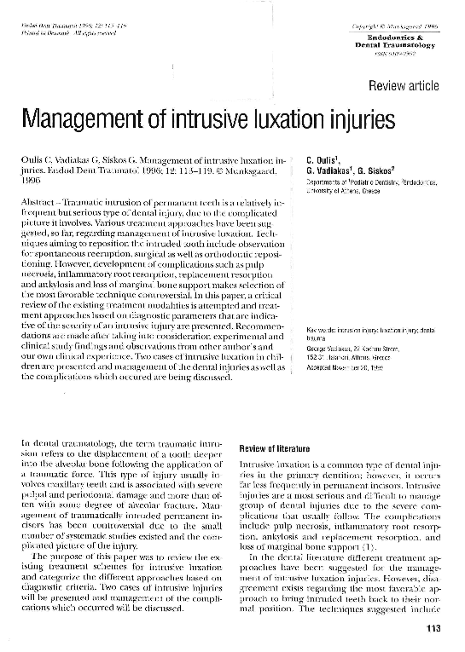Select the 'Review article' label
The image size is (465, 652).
[x=404, y=86]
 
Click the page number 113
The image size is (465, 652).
[x=429, y=630]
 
